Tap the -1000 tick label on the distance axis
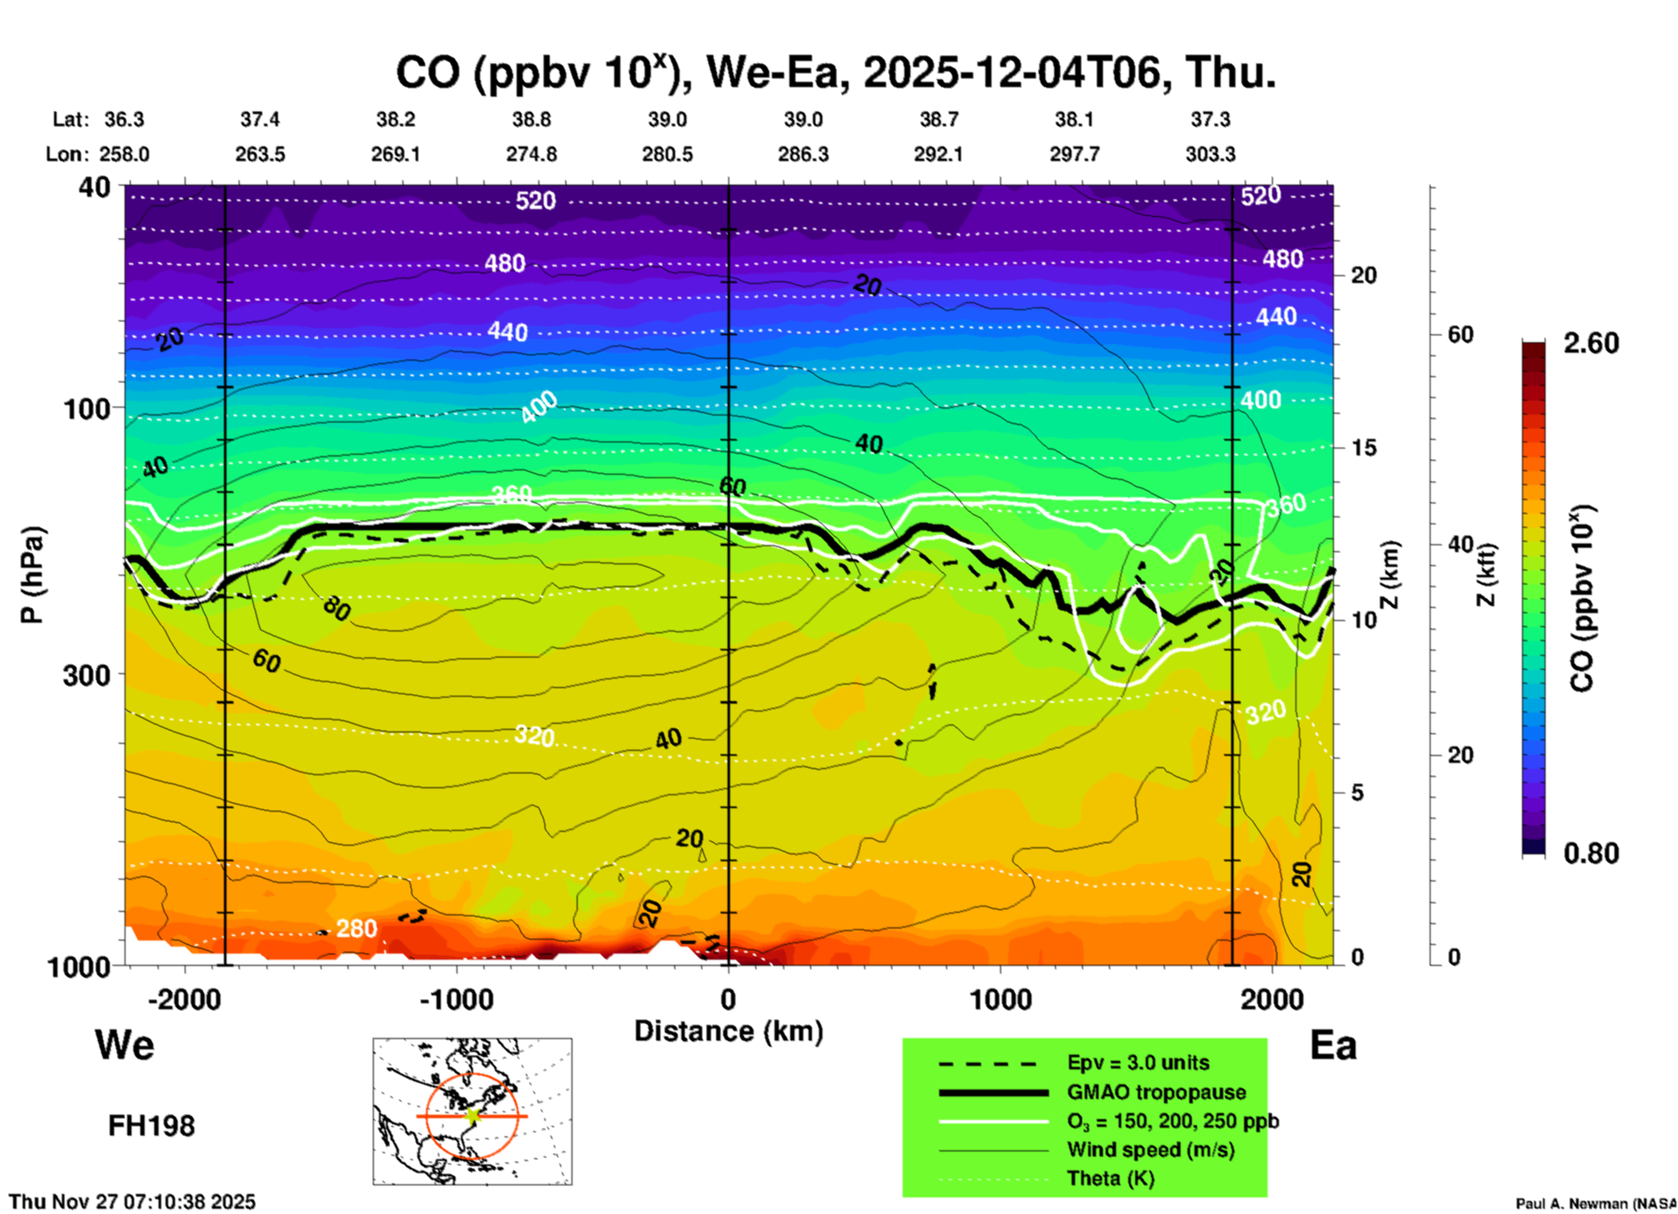pyautogui.click(x=456, y=999)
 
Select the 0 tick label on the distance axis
pyautogui.click(x=728, y=999)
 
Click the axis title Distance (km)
pyautogui.click(x=728, y=1031)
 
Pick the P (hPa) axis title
pyautogui.click(x=31, y=575)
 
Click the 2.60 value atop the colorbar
pyautogui.click(x=1591, y=343)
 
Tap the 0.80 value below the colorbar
pyautogui.click(x=1591, y=853)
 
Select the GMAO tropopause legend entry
pyautogui.click(x=1156, y=1092)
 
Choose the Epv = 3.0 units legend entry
pyautogui.click(x=1138, y=1062)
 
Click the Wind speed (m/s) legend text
pyautogui.click(x=1150, y=1150)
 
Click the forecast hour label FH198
pyautogui.click(x=152, y=1126)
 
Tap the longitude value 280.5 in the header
pyautogui.click(x=667, y=154)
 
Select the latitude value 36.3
pyautogui.click(x=125, y=119)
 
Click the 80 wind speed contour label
pyautogui.click(x=336, y=609)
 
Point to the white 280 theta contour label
pyautogui.click(x=356, y=928)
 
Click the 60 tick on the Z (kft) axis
pyautogui.click(x=1461, y=334)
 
